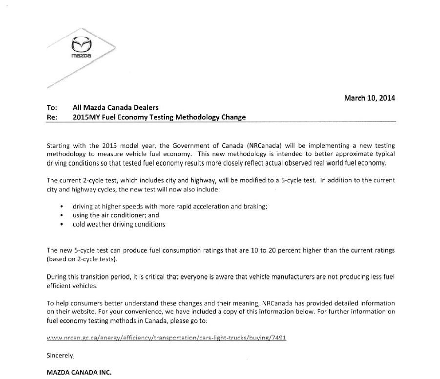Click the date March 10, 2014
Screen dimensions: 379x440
(369, 98)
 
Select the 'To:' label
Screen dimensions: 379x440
(52, 107)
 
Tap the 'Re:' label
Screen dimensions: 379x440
(52, 117)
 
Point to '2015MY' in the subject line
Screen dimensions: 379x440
(86, 117)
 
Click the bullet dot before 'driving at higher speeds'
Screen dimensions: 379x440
(62, 207)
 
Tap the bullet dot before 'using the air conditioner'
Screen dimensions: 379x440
(62, 215)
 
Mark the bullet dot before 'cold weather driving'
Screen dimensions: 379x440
(62, 225)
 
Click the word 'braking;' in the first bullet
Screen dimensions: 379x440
(254, 206)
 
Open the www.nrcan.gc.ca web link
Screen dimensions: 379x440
(166, 338)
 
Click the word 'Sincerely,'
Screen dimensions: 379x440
(61, 355)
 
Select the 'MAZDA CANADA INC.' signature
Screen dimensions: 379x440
(79, 372)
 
